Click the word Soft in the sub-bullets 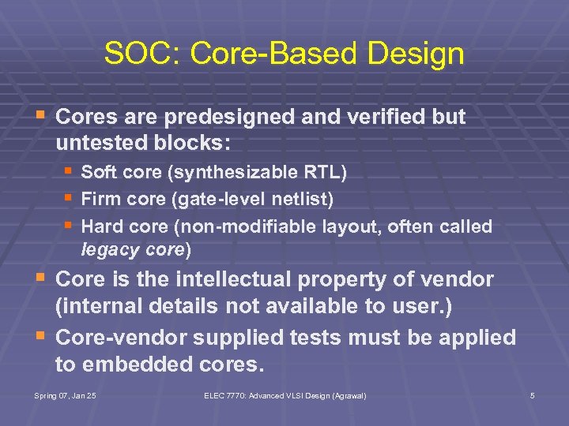(98, 171)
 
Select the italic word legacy (107, 250)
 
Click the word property (365, 279)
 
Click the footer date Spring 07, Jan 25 (66, 394)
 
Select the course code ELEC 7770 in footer (226, 394)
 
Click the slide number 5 (532, 394)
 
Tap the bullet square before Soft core (69, 170)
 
